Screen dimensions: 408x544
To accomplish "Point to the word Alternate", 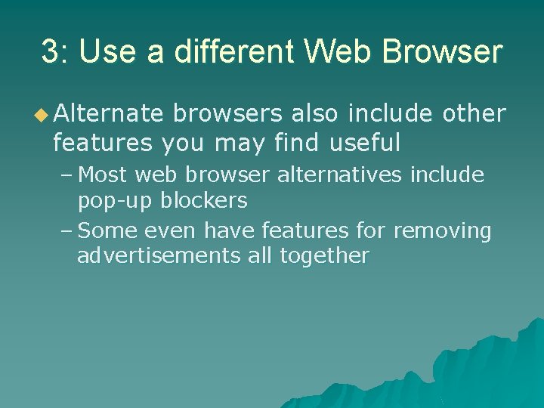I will [x=108, y=114].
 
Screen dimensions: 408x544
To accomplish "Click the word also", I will [x=316, y=114].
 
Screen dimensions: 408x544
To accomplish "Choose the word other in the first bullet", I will [x=474, y=114].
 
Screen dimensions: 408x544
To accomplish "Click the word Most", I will [x=104, y=175].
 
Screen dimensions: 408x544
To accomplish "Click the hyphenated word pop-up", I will [x=114, y=201].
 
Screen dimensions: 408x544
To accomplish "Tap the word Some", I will [x=105, y=230].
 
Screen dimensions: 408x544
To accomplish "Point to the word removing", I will [x=443, y=230].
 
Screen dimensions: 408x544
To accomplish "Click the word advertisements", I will [x=159, y=255].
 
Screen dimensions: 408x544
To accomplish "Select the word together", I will [x=324, y=255].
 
